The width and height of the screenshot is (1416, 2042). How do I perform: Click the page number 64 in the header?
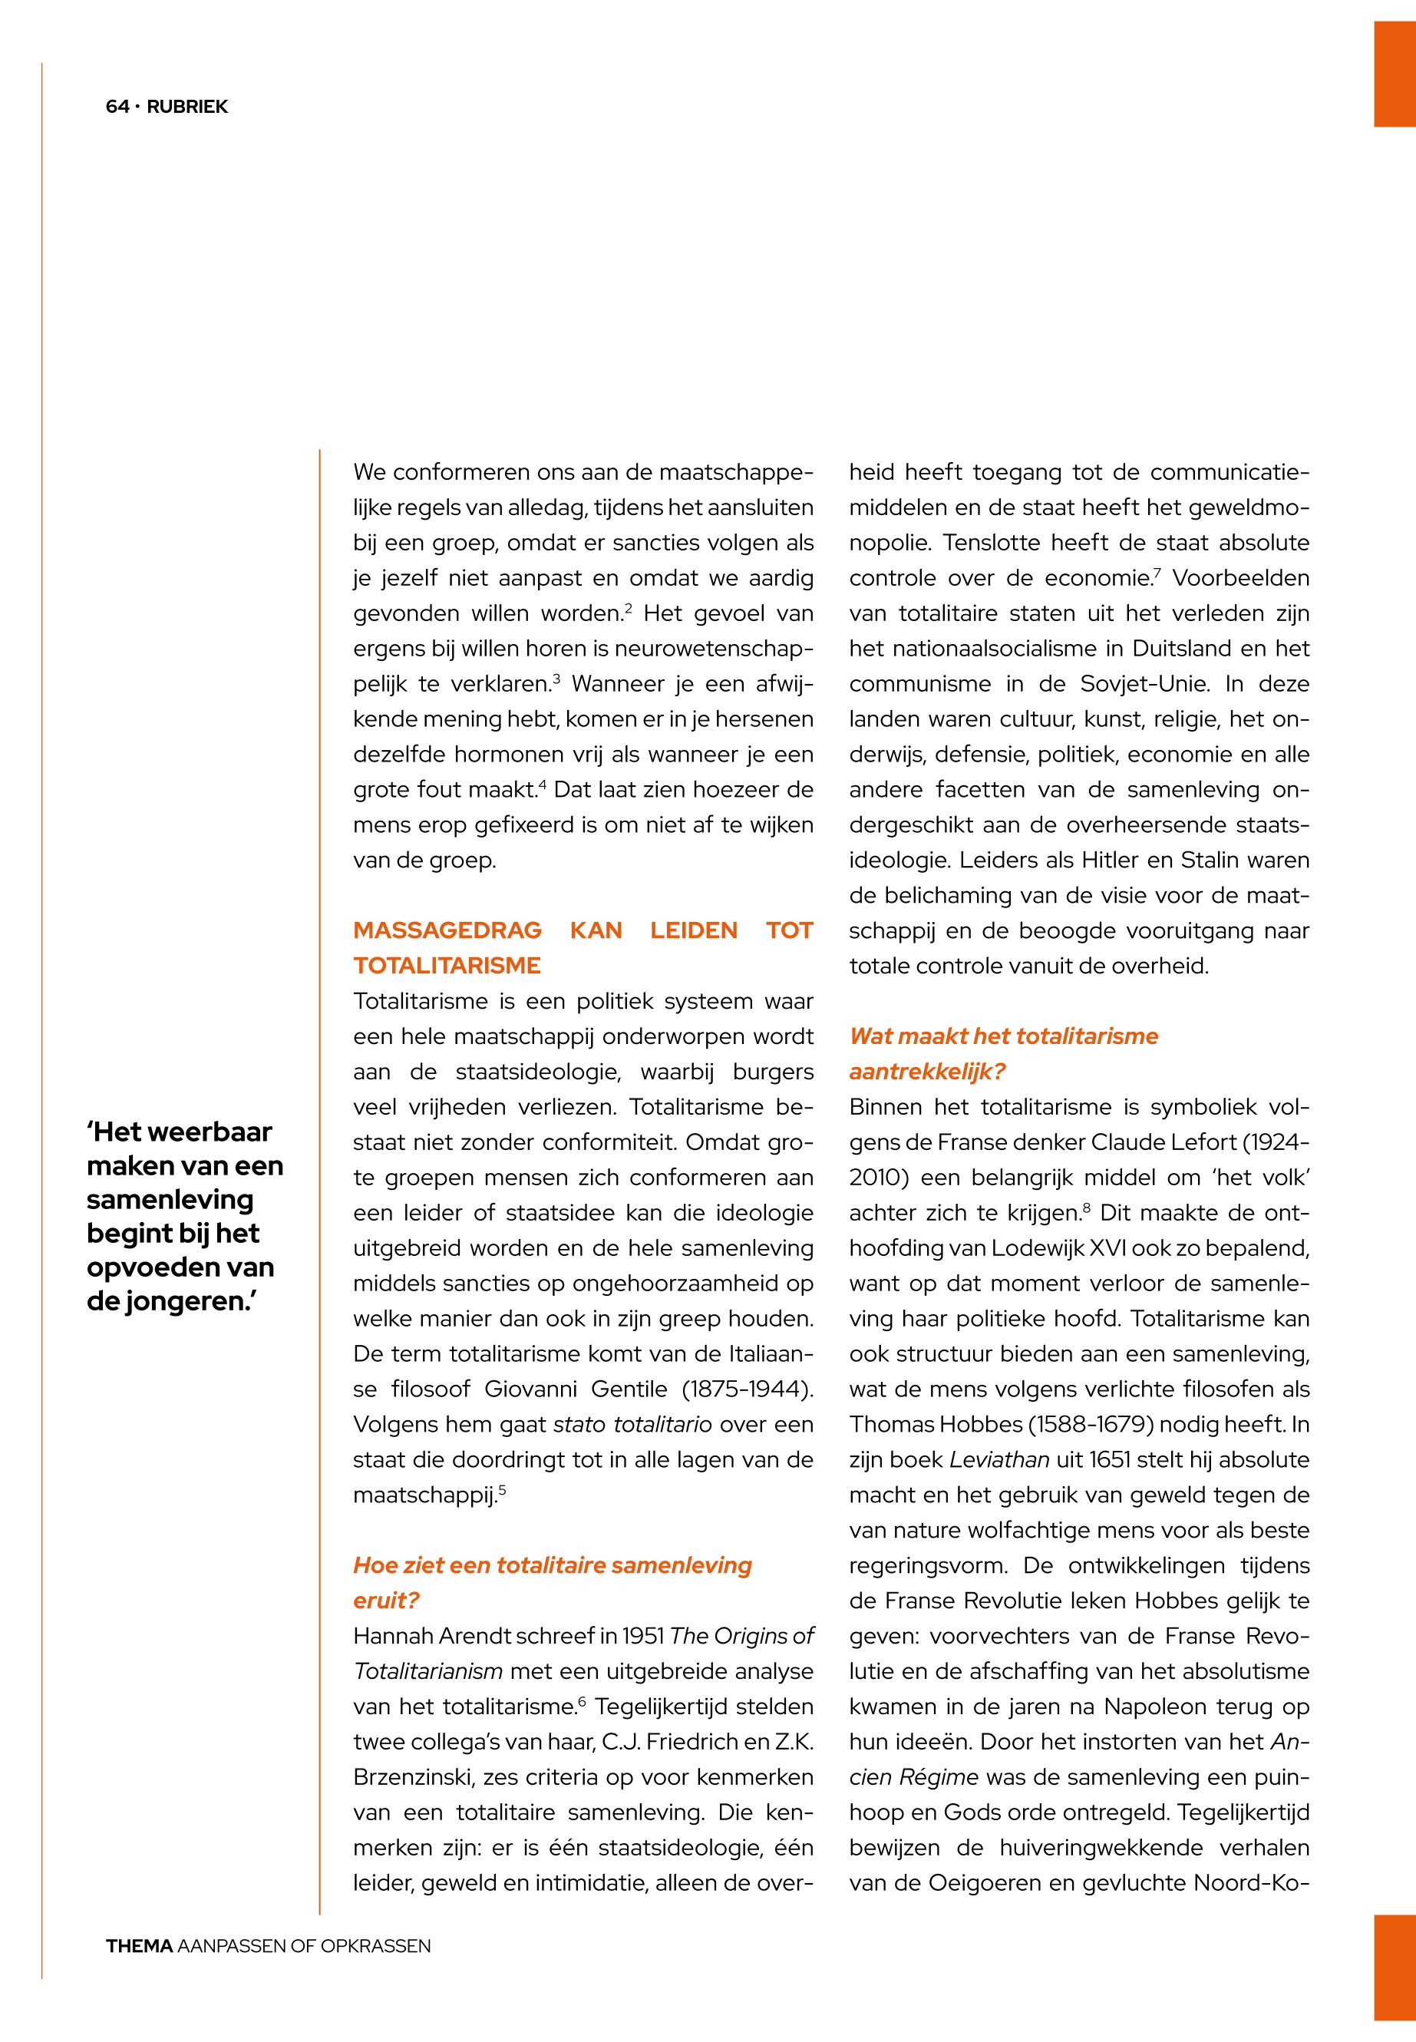(117, 107)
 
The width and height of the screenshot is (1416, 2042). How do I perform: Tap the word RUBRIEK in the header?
(187, 107)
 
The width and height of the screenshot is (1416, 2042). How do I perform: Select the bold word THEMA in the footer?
(139, 1946)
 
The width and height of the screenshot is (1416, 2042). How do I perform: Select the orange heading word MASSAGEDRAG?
(447, 930)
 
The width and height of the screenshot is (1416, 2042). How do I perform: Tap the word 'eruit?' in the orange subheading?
(386, 1600)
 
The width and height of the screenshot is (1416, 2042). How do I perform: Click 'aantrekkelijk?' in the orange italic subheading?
(926, 1071)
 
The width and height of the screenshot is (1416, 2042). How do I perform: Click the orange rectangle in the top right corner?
(1395, 74)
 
